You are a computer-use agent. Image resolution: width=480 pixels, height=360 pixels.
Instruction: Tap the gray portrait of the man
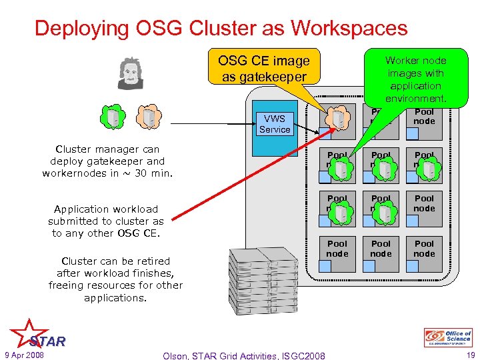point(130,73)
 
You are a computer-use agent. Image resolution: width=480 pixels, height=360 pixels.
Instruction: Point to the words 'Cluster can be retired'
point(115,261)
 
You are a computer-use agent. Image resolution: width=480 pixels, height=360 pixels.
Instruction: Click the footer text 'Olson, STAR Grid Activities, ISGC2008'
point(244,355)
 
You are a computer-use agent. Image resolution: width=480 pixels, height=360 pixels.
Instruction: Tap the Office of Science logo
point(448,338)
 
